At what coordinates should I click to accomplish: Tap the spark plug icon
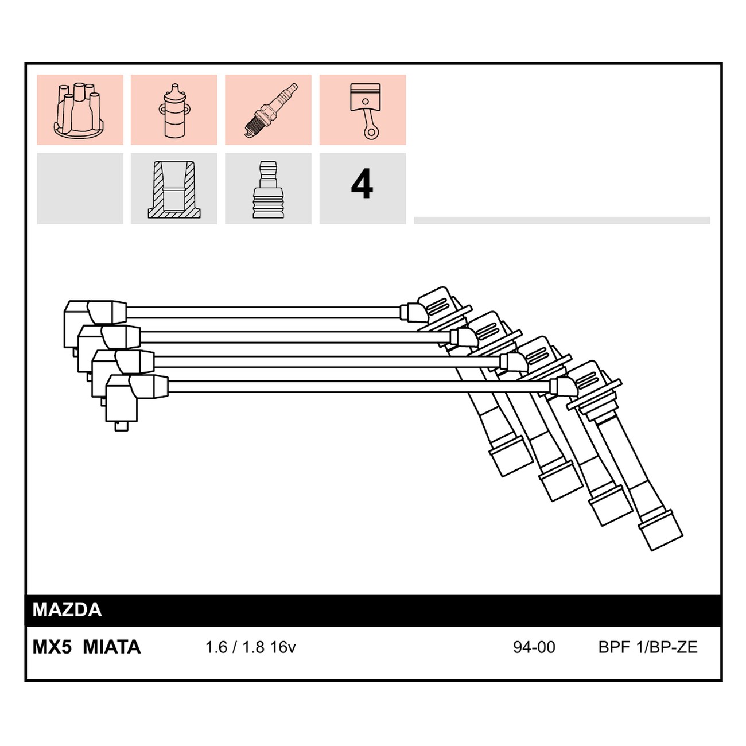click(x=271, y=110)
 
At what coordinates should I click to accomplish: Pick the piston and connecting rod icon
click(x=365, y=111)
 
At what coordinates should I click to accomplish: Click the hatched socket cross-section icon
click(x=174, y=190)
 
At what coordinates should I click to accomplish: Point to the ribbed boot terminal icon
click(x=268, y=190)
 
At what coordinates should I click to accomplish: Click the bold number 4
click(x=362, y=184)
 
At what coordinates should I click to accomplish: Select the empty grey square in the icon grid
click(x=80, y=189)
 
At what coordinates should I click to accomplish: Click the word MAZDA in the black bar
click(x=67, y=609)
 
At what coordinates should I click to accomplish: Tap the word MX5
click(x=52, y=647)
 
